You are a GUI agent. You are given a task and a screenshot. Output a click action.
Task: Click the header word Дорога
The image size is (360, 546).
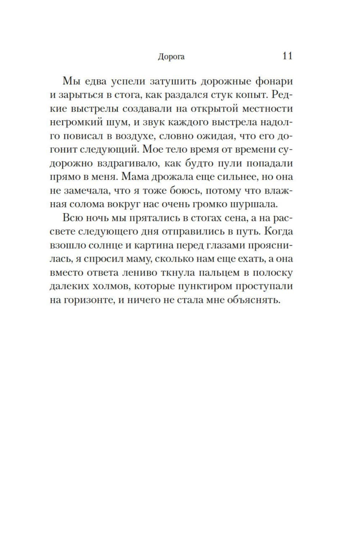171,57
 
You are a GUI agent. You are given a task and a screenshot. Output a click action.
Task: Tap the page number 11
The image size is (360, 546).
287,56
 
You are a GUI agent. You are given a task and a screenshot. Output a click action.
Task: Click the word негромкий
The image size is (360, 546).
75,122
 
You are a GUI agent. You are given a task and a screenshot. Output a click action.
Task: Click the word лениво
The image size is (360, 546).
131,273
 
